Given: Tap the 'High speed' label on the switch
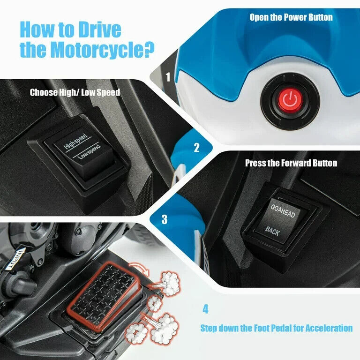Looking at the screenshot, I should coord(75,141).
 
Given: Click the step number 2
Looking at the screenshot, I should coord(196,149).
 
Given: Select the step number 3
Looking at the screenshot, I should coord(164,219).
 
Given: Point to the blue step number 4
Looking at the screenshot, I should coord(205,309).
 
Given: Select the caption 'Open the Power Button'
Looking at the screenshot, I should coord(291,17).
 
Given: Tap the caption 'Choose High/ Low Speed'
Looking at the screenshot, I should coord(75,92).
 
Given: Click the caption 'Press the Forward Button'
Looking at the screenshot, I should coord(291,163).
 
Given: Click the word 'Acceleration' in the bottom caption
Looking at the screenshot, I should coord(327,328).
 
